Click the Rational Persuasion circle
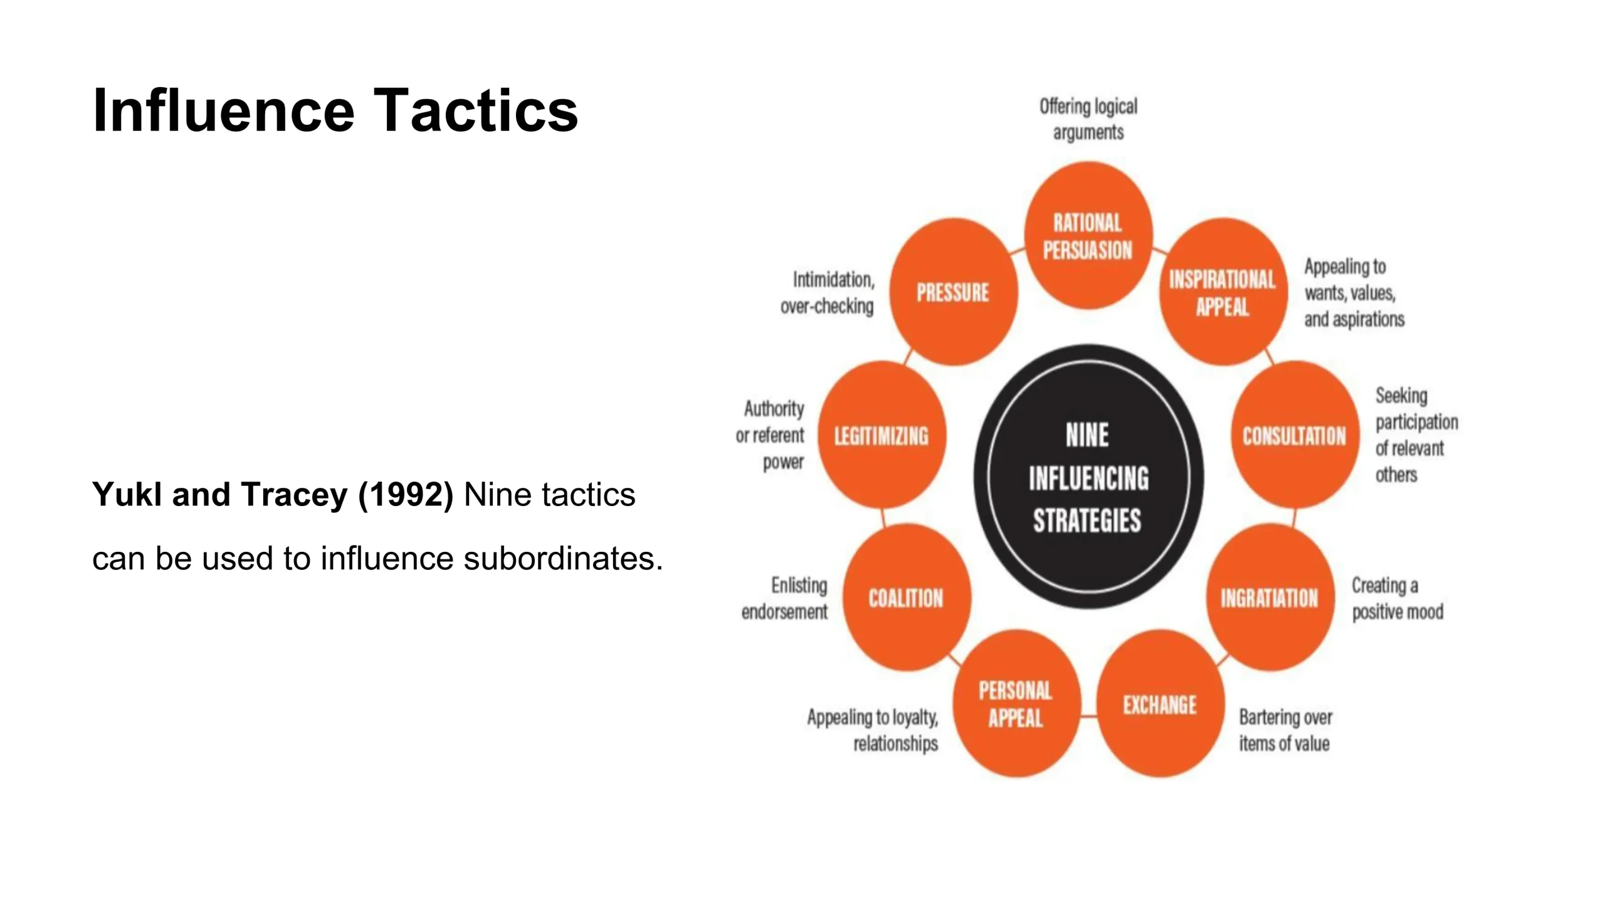1088,235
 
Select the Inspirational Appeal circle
1223,292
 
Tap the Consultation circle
1295,435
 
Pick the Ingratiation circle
1270,597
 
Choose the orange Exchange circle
1160,704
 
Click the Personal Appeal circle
1016,704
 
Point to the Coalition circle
907,597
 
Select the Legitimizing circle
882,435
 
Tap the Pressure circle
954,292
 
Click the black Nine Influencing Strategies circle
1088,477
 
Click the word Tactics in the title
476,110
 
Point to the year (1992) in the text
406,495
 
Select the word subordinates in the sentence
563,558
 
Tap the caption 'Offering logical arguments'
1088,119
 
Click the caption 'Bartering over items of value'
1285,730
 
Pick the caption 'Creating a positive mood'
1397,598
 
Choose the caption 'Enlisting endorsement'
784,598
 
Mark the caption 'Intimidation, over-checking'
827,293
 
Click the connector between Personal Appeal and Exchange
1089,716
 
